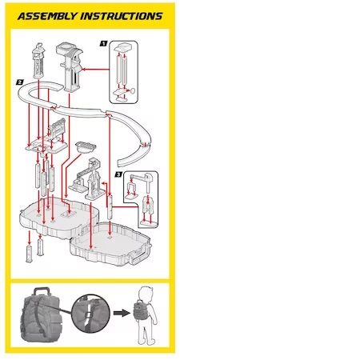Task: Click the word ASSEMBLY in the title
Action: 46,16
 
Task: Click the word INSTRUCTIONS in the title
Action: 122,16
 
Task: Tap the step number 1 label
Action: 103,43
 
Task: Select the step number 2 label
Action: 20,82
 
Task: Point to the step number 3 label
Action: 118,174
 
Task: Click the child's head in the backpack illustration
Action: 146,295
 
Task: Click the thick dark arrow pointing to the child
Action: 122,313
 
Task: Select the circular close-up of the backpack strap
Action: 90,314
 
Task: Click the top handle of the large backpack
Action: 41,291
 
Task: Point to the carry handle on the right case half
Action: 139,257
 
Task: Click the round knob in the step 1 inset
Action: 132,91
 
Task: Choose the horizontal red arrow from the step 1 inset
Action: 94,70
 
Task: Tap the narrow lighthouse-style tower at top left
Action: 38,61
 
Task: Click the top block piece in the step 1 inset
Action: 123,47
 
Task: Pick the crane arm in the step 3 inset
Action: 141,178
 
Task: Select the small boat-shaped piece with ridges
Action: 86,147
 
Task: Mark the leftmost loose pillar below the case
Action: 29,254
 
